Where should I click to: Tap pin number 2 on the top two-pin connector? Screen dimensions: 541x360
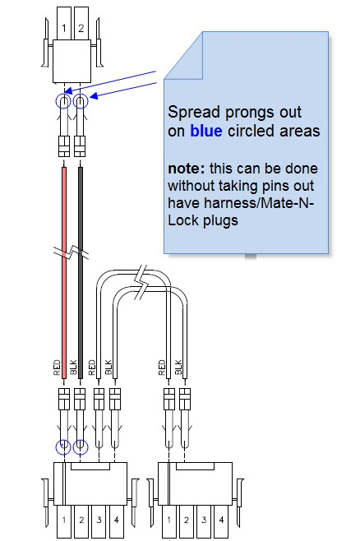[81, 28]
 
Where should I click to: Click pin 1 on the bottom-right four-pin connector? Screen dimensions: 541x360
[172, 520]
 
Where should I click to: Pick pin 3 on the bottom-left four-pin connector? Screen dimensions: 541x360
[99, 520]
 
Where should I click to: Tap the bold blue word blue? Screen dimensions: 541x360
[205, 130]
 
